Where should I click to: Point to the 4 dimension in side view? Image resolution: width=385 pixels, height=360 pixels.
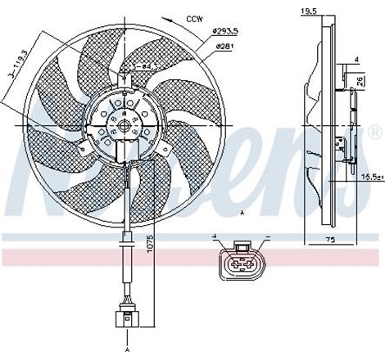pyautogui.click(x=356, y=60)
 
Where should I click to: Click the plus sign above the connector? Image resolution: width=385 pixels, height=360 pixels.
pyautogui.click(x=215, y=237)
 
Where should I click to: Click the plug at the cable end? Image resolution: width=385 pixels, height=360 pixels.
pyautogui.click(x=127, y=315)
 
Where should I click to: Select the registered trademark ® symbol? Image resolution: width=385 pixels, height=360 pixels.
pyautogui.click(x=375, y=130)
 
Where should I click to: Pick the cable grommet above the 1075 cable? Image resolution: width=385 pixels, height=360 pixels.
pyautogui.click(x=126, y=241)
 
